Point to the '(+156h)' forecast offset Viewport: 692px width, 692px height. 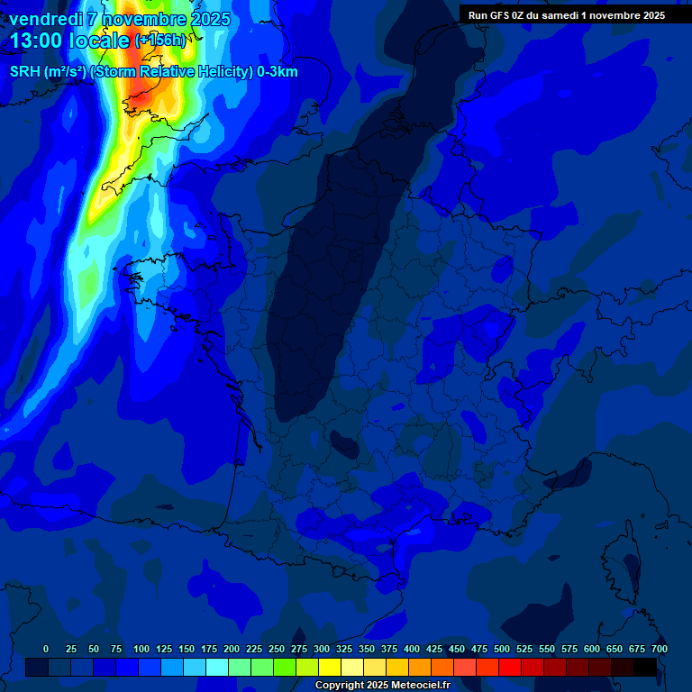pyautogui.click(x=160, y=41)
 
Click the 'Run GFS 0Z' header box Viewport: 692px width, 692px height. pyautogui.click(x=566, y=14)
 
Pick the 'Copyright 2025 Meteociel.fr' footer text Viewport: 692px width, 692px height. pyautogui.click(x=382, y=686)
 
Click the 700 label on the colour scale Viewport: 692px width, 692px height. pyautogui.click(x=659, y=649)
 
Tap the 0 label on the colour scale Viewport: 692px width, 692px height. pyautogui.click(x=46, y=649)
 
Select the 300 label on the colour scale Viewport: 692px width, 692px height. pyautogui.click(x=322, y=649)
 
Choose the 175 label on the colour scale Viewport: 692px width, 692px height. pyautogui.click(x=209, y=649)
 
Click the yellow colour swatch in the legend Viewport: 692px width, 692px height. pyautogui.click(x=330, y=667)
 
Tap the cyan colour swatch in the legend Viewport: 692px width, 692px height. pyautogui.click(x=217, y=667)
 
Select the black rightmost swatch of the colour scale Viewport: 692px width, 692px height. pyautogui.click(x=645, y=667)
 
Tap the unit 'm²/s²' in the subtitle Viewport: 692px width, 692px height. pyautogui.click(x=64, y=72)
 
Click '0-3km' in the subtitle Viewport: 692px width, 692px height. pyautogui.click(x=278, y=72)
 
